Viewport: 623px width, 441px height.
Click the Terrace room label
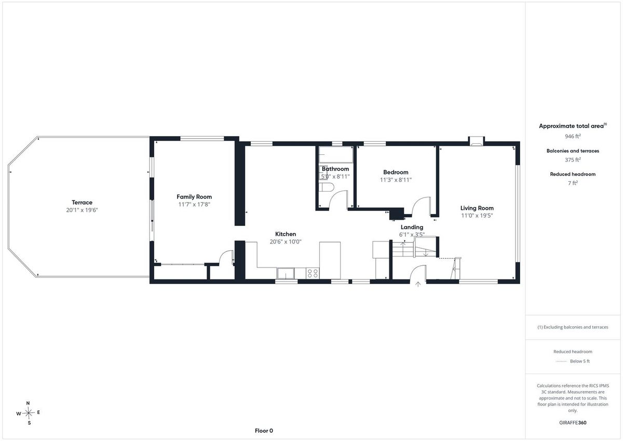[x=82, y=202]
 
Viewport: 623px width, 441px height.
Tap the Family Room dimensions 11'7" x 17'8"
[x=194, y=205]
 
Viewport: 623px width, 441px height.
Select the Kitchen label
[x=286, y=234]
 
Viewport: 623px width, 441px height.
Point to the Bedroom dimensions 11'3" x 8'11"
[x=396, y=180]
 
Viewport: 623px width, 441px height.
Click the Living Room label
[x=477, y=208]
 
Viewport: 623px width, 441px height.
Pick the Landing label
[x=412, y=227]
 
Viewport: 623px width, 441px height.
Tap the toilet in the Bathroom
[x=327, y=187]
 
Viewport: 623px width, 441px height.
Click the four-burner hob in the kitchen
[x=313, y=273]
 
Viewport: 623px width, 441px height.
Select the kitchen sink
[x=286, y=273]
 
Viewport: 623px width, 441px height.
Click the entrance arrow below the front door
[x=418, y=284]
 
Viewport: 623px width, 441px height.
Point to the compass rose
[x=29, y=413]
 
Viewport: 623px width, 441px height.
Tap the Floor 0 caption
[x=264, y=431]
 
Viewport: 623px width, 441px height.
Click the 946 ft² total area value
[x=573, y=136]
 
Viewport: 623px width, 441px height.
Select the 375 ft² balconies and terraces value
[x=573, y=159]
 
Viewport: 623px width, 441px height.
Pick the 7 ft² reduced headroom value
[x=573, y=183]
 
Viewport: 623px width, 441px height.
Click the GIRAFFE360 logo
[x=573, y=423]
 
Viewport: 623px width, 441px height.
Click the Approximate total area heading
[x=573, y=126]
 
